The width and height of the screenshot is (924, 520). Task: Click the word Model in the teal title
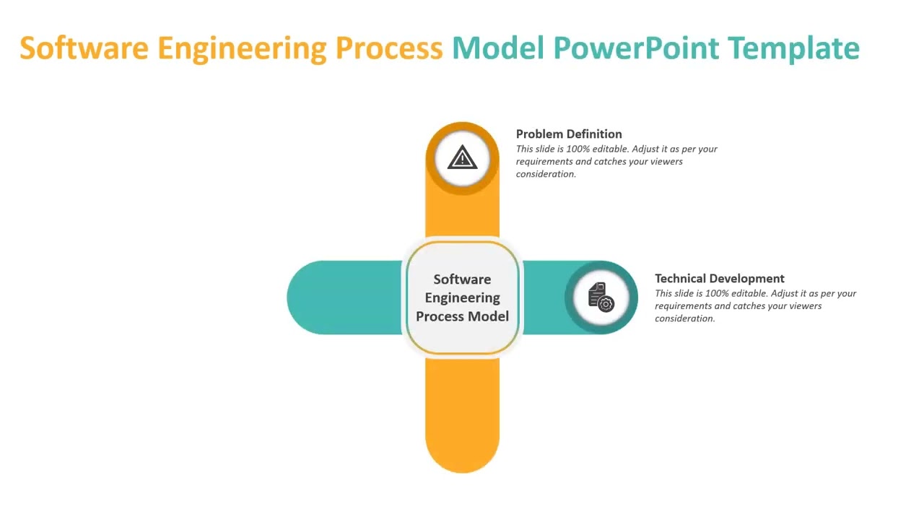tap(498, 48)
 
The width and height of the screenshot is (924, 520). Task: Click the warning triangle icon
tap(462, 157)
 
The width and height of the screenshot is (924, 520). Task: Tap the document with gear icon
tap(601, 297)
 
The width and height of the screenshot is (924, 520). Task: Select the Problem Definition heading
tap(569, 134)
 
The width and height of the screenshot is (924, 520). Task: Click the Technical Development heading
tap(719, 278)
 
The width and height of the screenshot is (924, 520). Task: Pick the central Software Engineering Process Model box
tap(462, 298)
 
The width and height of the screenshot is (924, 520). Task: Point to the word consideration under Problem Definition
tap(545, 174)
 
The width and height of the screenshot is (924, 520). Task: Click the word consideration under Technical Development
tap(684, 318)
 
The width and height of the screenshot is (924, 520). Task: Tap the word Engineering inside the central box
tap(462, 298)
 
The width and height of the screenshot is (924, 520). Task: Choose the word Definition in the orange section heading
tap(595, 134)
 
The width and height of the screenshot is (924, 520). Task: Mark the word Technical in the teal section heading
tap(681, 278)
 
